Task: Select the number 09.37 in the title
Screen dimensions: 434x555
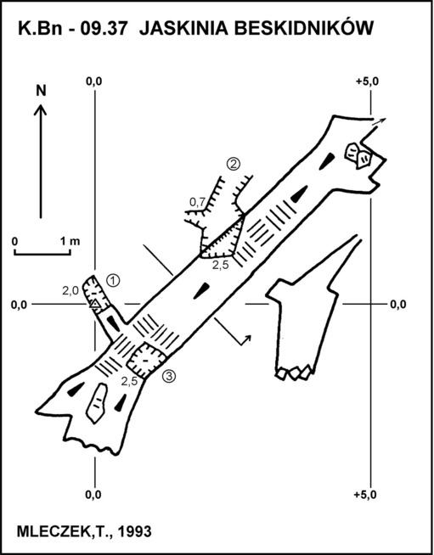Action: click(x=104, y=29)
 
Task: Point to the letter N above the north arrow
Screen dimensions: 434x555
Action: click(x=41, y=91)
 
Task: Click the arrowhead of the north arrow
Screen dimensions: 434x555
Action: click(x=41, y=109)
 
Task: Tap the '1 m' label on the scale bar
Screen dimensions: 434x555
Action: click(x=70, y=242)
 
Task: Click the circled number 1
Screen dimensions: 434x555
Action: click(x=113, y=281)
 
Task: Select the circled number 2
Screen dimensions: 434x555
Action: click(x=234, y=164)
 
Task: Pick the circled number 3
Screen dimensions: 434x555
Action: click(x=169, y=377)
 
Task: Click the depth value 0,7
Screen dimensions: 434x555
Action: click(x=197, y=202)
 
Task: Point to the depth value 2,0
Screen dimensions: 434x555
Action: click(x=70, y=291)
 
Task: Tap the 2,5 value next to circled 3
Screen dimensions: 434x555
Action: click(x=129, y=382)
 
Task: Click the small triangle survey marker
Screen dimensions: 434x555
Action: click(x=94, y=304)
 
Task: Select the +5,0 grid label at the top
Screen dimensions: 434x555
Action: click(x=368, y=81)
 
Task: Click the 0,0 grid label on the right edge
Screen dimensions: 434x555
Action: click(x=398, y=305)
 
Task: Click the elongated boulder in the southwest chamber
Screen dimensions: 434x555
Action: click(x=96, y=403)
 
